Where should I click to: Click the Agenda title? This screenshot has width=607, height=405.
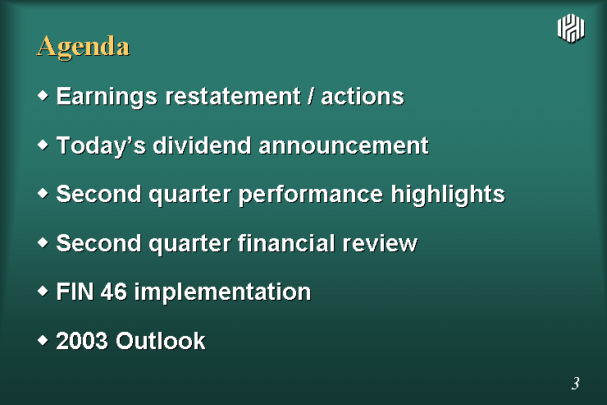(x=83, y=48)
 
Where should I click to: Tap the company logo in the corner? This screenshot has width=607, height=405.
(x=571, y=28)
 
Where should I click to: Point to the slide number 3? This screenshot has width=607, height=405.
(x=575, y=383)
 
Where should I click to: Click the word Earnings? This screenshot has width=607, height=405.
(x=107, y=97)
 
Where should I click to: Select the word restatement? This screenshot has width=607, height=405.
(x=233, y=96)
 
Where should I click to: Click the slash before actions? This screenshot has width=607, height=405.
(x=310, y=96)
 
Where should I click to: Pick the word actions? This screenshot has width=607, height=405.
(x=363, y=96)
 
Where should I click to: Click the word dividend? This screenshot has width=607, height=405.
(x=202, y=145)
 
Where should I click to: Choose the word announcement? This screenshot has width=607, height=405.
(x=344, y=145)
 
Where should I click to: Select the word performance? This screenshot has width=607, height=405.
(x=310, y=195)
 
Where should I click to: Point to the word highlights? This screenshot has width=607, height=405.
(x=448, y=195)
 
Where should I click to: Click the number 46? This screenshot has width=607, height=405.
(x=114, y=292)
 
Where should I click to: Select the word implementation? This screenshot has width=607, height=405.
(x=222, y=292)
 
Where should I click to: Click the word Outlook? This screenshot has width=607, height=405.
(x=161, y=341)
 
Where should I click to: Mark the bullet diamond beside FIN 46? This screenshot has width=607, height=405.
(x=43, y=291)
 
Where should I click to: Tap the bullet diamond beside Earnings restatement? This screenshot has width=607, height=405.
(x=43, y=95)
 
